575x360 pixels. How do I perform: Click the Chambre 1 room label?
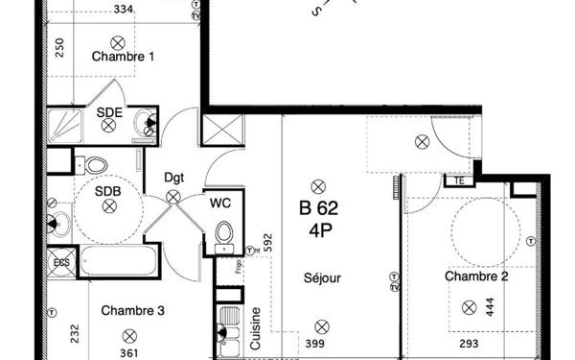click(x=124, y=57)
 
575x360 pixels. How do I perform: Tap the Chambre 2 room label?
click(x=476, y=276)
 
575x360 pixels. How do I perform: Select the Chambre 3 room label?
click(x=133, y=310)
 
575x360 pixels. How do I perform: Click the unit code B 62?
click(x=318, y=206)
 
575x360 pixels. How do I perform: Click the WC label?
click(x=221, y=204)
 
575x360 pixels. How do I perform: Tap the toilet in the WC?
click(x=223, y=233)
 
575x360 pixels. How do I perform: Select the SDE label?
click(x=109, y=112)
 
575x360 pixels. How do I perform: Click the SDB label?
click(x=107, y=190)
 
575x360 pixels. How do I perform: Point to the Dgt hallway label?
click(x=173, y=177)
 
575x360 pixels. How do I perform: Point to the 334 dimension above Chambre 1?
click(x=149, y=11)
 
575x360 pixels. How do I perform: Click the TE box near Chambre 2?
click(x=459, y=180)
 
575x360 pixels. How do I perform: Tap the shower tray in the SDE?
click(x=69, y=124)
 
